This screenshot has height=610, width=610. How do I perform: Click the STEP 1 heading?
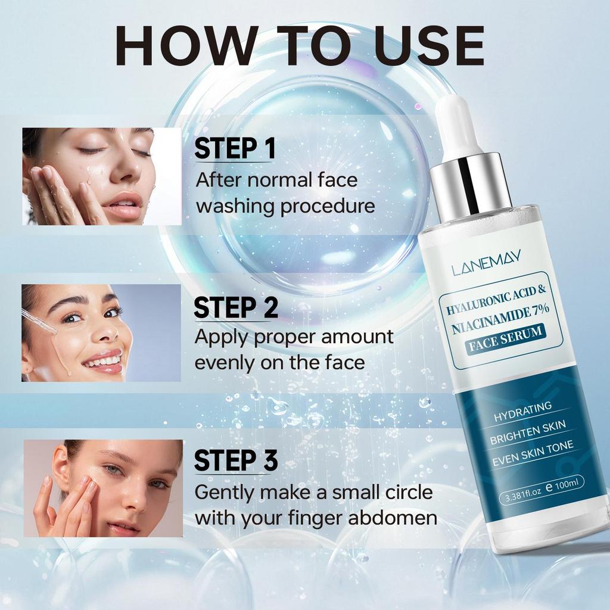pyautogui.click(x=235, y=149)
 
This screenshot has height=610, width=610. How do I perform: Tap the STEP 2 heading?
pyautogui.click(x=236, y=307)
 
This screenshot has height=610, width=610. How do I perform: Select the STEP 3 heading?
pyautogui.click(x=236, y=460)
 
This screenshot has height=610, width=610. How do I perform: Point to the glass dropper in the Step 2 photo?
pyautogui.click(x=39, y=320)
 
